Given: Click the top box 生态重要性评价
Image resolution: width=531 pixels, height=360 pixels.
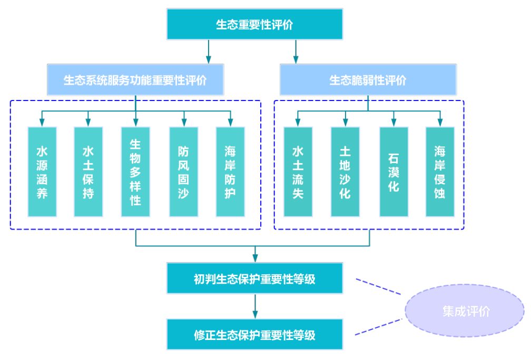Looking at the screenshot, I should pos(254,25).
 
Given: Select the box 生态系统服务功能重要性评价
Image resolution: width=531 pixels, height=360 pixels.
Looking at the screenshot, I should pos(135,80).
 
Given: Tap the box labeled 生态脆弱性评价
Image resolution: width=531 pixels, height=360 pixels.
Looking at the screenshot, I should pos(368,80).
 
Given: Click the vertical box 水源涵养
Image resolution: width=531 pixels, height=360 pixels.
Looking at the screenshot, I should pos(42,172).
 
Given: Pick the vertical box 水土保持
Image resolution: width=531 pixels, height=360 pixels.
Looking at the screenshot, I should pos(88,172).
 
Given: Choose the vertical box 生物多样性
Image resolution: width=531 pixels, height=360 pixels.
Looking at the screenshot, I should pos(135,172).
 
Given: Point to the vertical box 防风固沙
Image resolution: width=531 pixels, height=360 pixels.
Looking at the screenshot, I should pos(183,172).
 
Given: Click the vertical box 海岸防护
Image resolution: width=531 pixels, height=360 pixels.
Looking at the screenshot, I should pos(230,172).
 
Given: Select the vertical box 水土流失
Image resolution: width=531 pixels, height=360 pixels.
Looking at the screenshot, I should pos(298,172).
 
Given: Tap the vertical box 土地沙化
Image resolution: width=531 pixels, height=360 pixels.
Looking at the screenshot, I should pos(345,172).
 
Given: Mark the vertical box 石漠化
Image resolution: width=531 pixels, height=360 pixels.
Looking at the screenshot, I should pos(394,172).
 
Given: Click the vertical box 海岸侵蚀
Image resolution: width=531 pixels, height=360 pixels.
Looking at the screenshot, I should pos(440,172).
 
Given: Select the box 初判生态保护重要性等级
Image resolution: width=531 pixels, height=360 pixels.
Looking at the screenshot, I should pos(254,278).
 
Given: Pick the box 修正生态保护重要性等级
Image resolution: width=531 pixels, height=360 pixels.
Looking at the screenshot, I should pos(254,334).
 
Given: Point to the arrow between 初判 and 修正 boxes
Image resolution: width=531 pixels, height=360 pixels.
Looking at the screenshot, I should pos(255,305).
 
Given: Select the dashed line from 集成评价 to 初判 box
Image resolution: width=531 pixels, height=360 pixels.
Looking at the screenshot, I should pos(378,286).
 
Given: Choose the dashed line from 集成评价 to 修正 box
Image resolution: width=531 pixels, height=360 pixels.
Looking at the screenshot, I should pos(378,326).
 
